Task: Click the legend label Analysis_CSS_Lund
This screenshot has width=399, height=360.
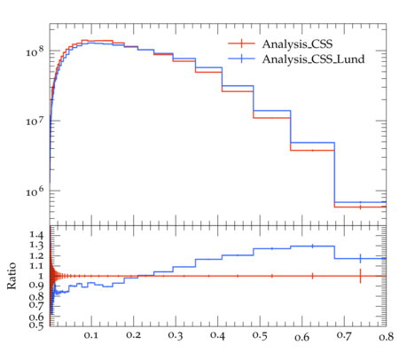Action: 313,59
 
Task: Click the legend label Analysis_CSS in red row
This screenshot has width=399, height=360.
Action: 297,44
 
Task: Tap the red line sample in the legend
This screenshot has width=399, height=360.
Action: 241,43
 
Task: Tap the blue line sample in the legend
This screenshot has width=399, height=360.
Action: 241,59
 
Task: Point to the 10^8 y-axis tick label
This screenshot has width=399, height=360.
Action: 35,51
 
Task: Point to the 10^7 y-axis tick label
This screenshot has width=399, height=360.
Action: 35,121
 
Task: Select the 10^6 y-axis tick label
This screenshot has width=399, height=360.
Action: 35,192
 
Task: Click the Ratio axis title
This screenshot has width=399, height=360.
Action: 12,276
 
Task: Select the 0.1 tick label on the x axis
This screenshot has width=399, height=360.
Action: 91,335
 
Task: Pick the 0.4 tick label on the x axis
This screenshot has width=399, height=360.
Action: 217,335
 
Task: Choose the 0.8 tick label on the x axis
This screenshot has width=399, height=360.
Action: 386,336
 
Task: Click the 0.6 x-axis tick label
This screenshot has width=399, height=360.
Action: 301,337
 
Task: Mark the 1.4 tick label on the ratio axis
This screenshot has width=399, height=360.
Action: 36,235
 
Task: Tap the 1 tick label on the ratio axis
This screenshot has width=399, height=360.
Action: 41,276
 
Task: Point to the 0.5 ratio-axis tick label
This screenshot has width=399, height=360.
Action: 36,325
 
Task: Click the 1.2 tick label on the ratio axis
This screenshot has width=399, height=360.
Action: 36,255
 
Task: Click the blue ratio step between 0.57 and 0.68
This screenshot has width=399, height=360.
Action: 312,246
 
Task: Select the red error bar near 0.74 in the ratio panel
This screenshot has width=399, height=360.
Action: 360,276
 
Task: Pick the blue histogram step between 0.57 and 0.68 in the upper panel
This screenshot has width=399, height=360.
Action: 312,143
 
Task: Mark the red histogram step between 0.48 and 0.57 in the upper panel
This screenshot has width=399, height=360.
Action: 272,118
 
